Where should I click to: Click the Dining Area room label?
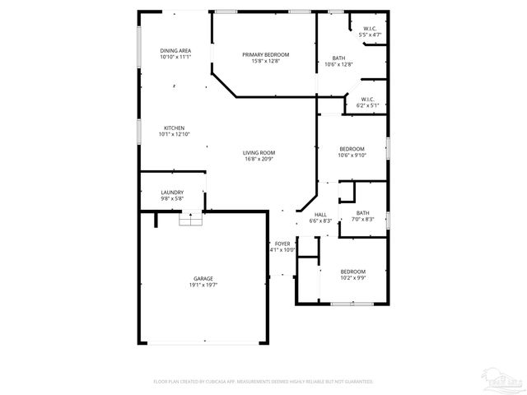click(175, 51)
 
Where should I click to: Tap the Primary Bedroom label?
click(265, 54)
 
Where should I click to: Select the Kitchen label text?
click(174, 128)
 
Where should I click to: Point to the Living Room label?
click(259, 152)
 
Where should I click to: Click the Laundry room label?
click(172, 192)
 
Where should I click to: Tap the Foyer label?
click(282, 244)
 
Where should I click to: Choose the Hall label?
click(320, 215)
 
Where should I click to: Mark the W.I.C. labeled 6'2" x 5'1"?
click(367, 102)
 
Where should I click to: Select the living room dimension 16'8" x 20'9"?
click(259, 159)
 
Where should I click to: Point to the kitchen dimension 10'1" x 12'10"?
click(174, 134)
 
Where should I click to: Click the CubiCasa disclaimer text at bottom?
click(263, 382)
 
